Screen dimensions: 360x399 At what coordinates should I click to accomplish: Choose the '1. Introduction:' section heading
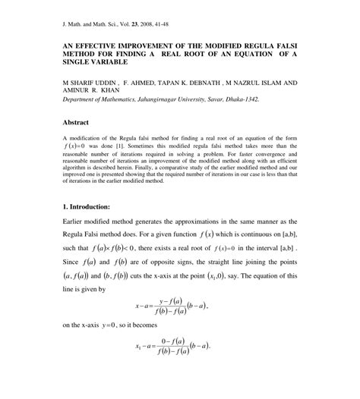pos(87,206)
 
